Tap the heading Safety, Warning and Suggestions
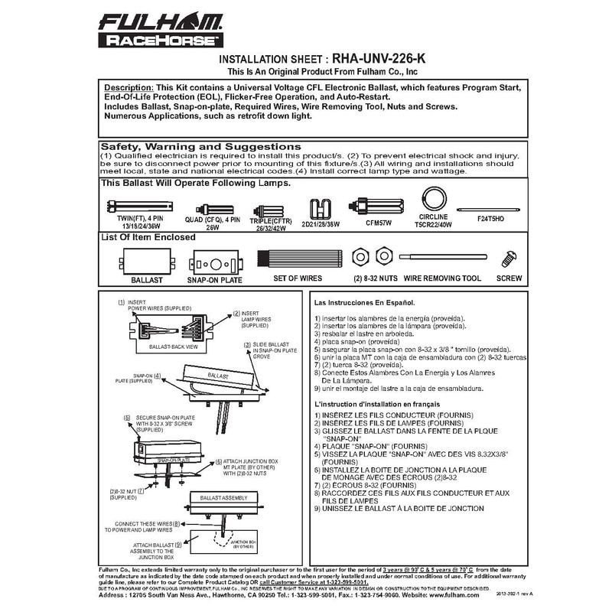[x=201, y=146]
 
